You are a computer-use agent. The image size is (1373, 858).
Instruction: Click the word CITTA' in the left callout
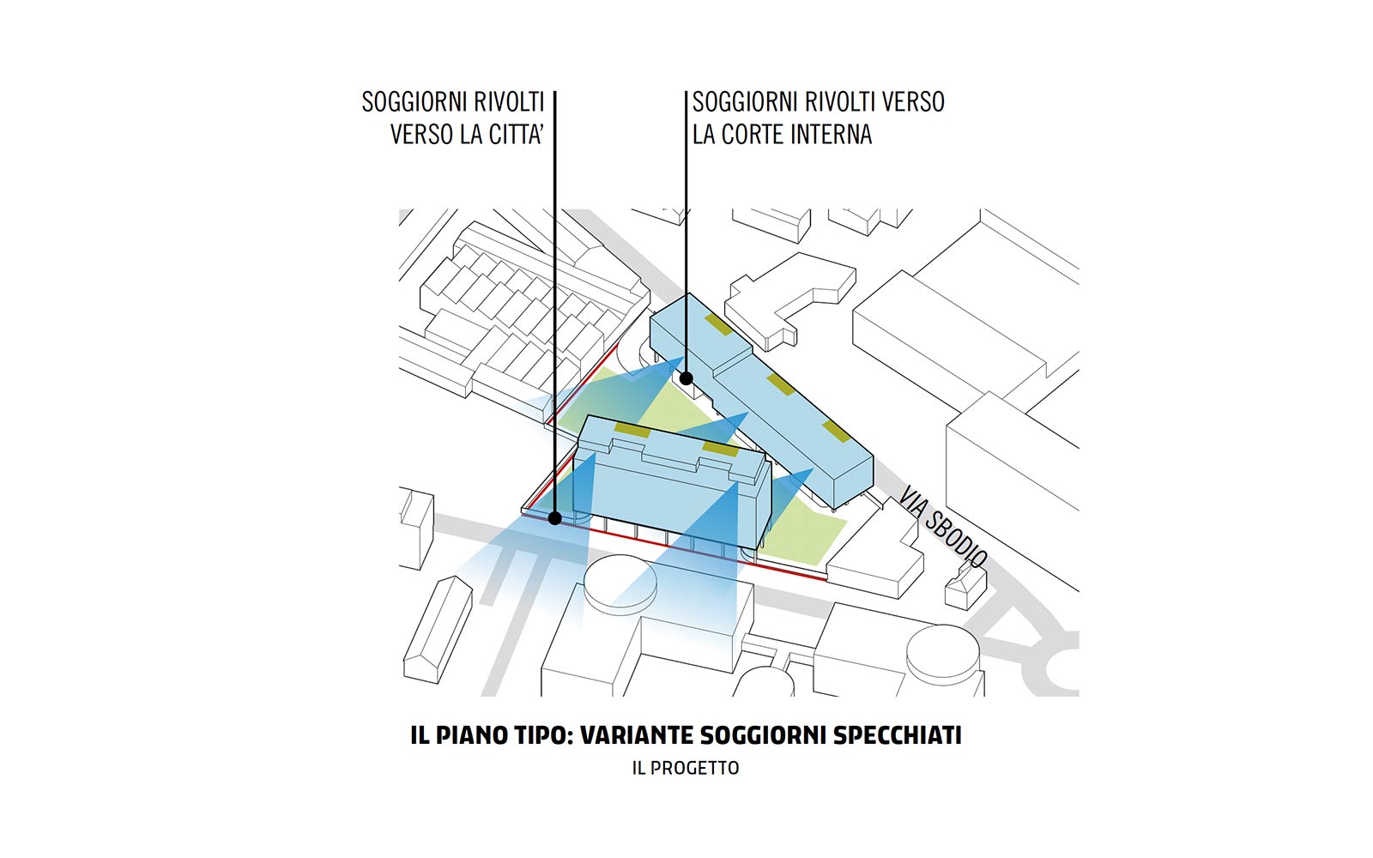(514, 135)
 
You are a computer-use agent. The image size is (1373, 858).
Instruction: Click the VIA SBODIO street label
(942, 528)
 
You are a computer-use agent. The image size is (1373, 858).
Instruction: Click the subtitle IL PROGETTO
(686, 768)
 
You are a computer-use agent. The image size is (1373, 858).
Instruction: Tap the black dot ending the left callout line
(554, 518)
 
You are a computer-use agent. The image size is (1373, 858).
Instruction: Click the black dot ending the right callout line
(686, 378)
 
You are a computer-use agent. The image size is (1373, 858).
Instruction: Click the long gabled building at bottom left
(438, 630)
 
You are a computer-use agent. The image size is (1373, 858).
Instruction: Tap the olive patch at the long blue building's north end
(718, 325)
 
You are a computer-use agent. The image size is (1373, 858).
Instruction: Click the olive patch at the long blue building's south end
(837, 432)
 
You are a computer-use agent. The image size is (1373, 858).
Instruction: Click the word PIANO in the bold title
(471, 735)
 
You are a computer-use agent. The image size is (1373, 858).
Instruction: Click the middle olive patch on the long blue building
(781, 384)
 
